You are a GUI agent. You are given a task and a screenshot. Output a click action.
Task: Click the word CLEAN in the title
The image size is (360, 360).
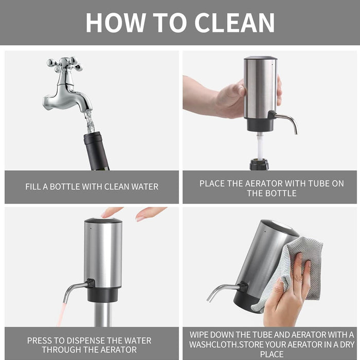click(235, 22)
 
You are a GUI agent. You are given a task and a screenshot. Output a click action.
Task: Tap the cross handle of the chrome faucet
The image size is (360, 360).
click(64, 63)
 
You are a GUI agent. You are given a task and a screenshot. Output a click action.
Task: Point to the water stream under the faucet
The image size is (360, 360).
click(89, 122)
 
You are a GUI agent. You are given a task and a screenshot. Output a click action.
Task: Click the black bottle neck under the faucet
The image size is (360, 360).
click(96, 151)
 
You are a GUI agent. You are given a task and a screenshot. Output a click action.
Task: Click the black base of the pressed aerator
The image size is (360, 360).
click(102, 295)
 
